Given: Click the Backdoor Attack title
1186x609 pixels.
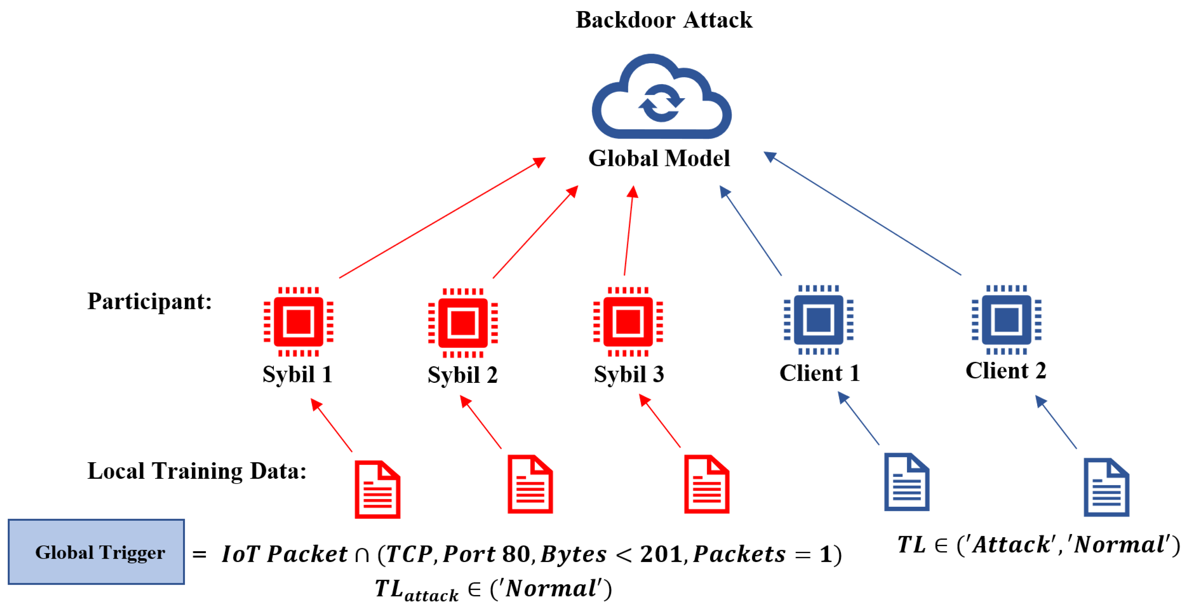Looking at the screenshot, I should click(663, 20).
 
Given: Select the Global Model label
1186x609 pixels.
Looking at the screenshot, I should click(659, 159).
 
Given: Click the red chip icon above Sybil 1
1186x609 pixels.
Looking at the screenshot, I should click(298, 321).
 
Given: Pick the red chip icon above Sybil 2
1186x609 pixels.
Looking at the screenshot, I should click(463, 323).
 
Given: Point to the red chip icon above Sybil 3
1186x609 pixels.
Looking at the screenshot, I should click(628, 321).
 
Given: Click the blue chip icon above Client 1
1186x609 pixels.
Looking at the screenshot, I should click(818, 320).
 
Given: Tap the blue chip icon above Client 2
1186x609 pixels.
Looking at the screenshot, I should click(1006, 320).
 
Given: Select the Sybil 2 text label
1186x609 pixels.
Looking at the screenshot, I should click(462, 374).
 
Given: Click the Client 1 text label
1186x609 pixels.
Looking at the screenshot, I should click(820, 373).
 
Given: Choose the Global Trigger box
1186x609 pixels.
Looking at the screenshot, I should click(96, 552).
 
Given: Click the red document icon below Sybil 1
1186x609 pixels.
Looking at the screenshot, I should click(377, 489).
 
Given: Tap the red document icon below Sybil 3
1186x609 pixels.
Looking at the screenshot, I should click(706, 484).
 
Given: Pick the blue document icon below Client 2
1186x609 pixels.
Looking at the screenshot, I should click(1106, 487).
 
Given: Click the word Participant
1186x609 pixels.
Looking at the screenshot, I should click(149, 302).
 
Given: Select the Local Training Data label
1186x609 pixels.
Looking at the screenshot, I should click(197, 471).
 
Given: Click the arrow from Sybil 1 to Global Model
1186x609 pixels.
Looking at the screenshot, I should click(442, 218).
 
